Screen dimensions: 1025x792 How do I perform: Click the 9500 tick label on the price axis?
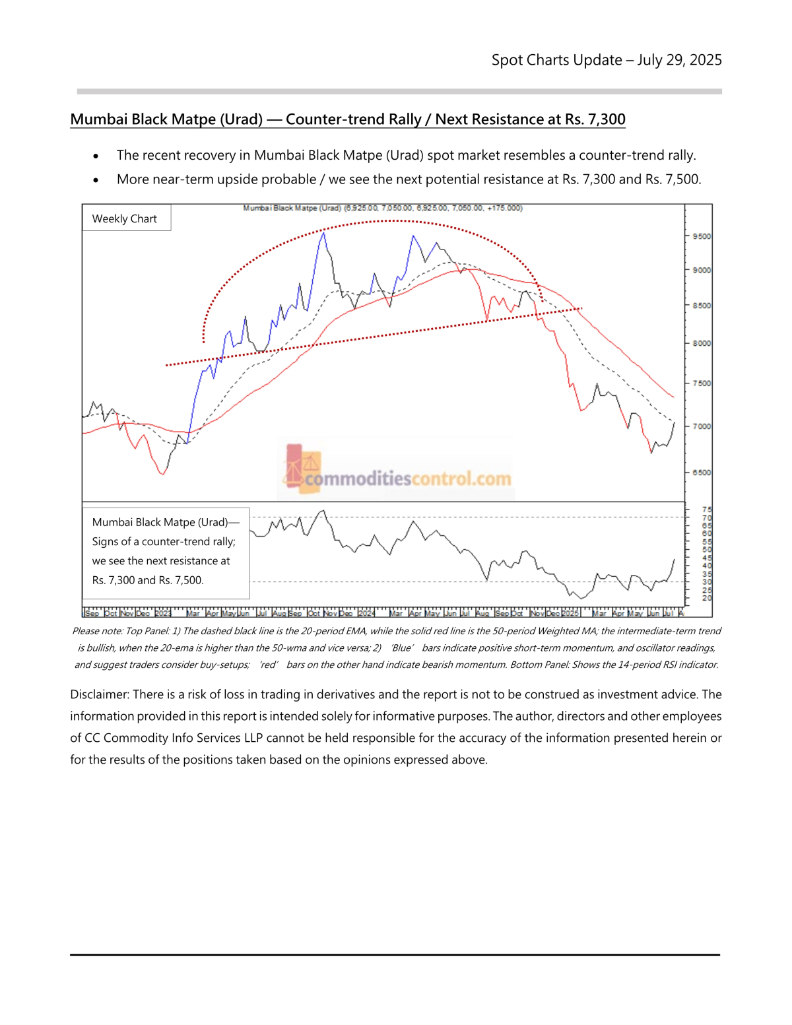702,236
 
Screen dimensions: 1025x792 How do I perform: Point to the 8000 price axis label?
702,343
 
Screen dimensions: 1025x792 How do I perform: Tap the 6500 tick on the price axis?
702,473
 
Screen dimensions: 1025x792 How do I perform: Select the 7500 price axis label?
702,383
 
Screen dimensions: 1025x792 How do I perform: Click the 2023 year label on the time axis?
162,613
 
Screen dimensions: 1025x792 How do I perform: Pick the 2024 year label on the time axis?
366,613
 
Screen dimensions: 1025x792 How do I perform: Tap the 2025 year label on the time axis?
570,613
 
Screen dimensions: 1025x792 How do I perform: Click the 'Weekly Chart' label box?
125,218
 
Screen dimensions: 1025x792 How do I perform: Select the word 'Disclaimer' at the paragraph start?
99,694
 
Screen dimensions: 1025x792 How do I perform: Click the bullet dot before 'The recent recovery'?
96,156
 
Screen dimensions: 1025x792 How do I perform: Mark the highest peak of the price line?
323,232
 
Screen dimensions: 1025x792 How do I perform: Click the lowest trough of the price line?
162,474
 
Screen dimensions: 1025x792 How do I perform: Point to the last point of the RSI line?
675,560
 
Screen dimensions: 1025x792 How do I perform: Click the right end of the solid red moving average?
673,397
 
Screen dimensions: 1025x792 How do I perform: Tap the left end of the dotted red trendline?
166,364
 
